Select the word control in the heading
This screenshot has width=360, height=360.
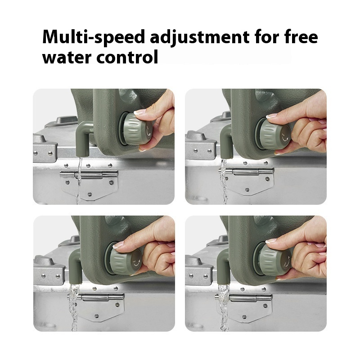pos(127,57)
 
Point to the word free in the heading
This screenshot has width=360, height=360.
pos(301,37)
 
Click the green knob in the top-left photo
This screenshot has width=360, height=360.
pos(136,129)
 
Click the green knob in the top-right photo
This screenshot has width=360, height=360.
pos(273,134)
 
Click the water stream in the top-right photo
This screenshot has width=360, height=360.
pos(224,181)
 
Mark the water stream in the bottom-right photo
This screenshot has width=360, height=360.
pos(223,308)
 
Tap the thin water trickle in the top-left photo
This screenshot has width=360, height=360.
pos(79,181)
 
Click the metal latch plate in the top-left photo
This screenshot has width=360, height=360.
pos(89,184)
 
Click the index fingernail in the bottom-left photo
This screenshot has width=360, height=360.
pos(119,245)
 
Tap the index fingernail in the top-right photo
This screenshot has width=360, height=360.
pos(272,116)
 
